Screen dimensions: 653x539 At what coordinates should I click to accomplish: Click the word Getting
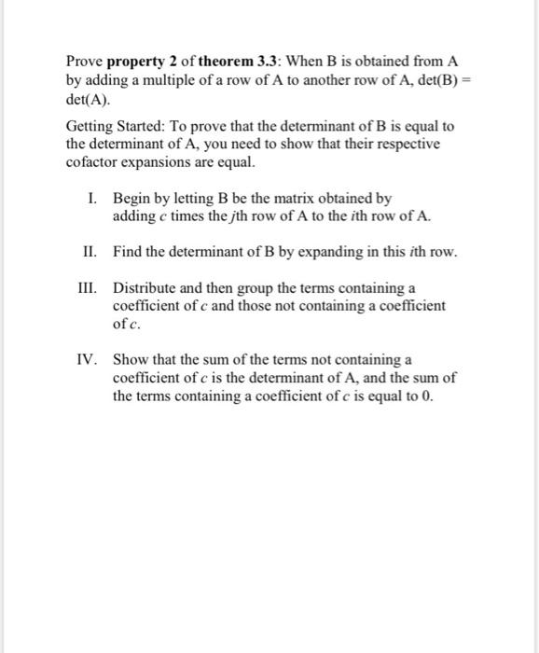click(x=90, y=126)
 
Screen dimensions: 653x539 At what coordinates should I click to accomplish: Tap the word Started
click(x=145, y=126)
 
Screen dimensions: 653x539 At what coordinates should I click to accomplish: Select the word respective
click(x=406, y=144)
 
